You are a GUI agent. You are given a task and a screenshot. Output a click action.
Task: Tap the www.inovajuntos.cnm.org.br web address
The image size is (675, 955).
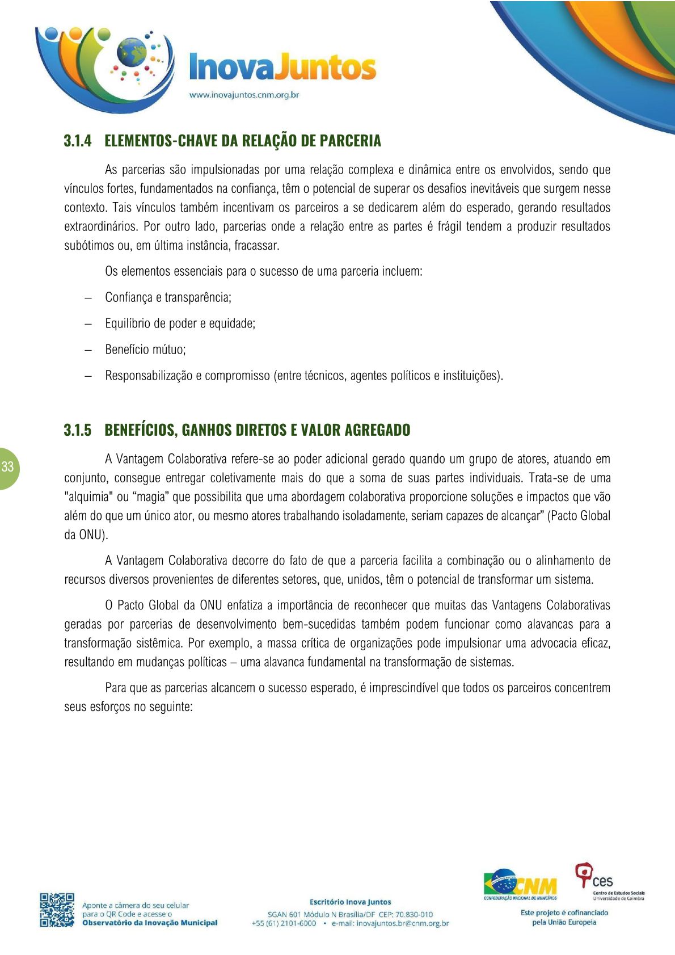(x=244, y=95)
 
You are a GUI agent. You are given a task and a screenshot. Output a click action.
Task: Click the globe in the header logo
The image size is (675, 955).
(x=132, y=52)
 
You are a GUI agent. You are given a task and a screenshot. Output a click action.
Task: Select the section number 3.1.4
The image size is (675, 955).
(x=78, y=141)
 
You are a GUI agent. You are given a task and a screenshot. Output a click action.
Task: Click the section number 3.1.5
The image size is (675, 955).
(x=78, y=430)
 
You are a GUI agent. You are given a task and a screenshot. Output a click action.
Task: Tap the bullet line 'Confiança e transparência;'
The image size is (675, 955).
(x=168, y=297)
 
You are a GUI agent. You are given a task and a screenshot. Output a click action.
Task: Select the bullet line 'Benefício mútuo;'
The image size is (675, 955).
(x=145, y=350)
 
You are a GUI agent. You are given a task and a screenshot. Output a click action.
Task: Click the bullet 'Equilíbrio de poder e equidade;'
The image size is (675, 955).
(x=180, y=323)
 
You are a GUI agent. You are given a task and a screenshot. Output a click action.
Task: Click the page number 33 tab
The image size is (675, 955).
(x=8, y=467)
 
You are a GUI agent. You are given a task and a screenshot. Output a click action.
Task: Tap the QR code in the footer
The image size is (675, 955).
(x=57, y=910)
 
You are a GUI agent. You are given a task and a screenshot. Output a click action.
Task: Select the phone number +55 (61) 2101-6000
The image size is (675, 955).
(x=284, y=923)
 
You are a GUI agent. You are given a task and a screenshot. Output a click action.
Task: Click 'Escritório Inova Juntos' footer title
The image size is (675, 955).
(x=350, y=902)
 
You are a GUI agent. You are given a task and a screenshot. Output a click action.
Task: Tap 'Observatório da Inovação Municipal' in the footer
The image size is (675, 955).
(x=150, y=923)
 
